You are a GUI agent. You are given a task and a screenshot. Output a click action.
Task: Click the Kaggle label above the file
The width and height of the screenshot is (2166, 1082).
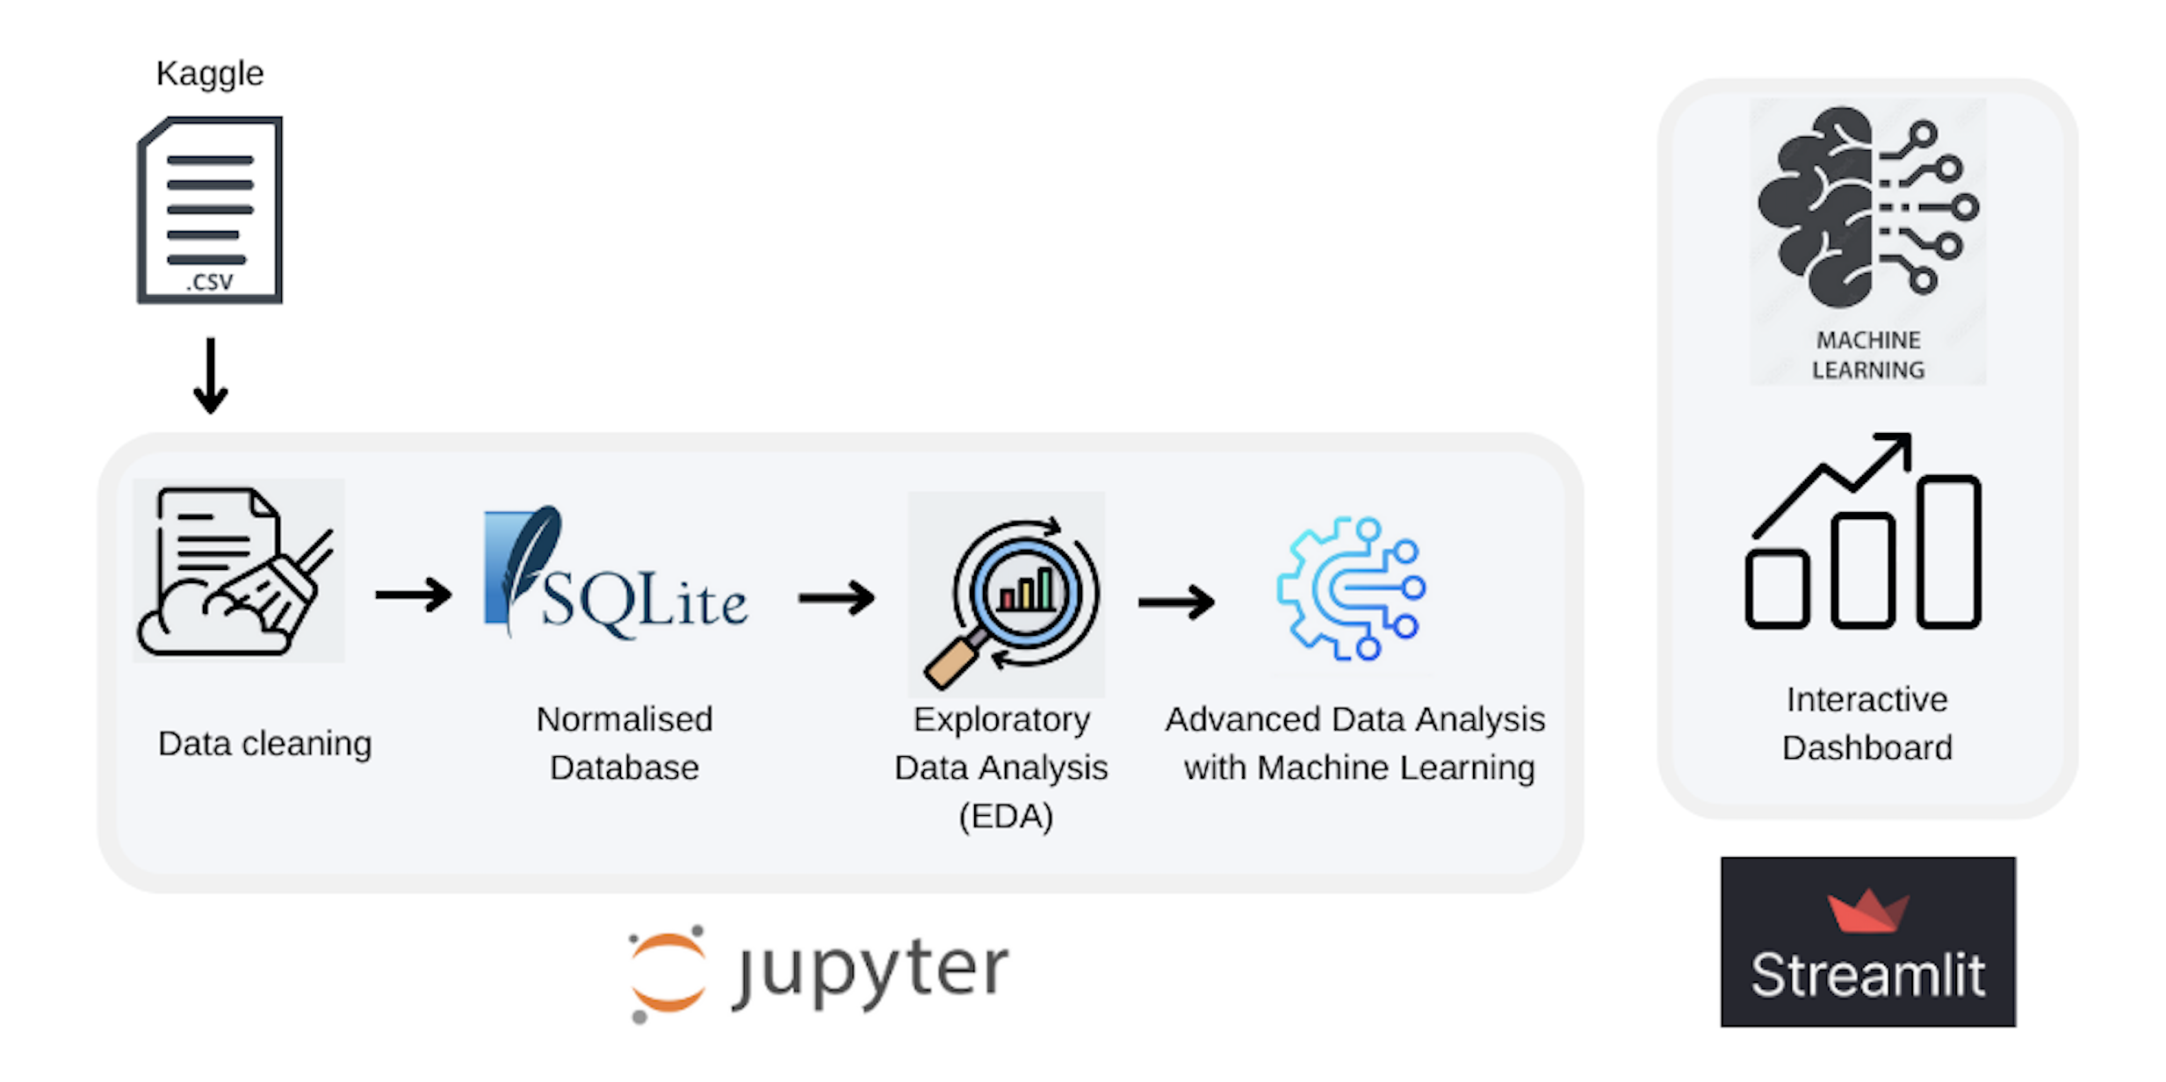[x=209, y=74]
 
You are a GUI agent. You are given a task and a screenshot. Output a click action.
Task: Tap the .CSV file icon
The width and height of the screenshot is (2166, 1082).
[x=210, y=211]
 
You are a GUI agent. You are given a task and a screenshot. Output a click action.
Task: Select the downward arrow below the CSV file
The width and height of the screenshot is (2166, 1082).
[x=210, y=376]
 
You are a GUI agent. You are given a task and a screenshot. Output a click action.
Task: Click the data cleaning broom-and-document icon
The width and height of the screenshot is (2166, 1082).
[x=238, y=571]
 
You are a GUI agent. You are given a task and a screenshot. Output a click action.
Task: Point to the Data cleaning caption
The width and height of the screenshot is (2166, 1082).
[x=264, y=744]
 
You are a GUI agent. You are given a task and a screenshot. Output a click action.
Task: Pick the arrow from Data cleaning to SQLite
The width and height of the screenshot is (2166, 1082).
[x=413, y=595]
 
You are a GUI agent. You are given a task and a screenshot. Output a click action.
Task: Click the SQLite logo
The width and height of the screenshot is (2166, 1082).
[x=615, y=576]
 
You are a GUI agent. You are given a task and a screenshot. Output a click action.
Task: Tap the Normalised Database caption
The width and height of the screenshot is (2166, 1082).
[x=624, y=743]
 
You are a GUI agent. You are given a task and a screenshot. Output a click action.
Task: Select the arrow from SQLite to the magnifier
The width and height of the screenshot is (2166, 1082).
[x=835, y=598]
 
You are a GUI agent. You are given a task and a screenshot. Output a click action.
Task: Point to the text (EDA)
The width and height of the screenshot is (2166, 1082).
[x=1006, y=817]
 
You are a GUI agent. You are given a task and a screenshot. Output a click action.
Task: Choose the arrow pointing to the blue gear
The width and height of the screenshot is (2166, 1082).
[x=1176, y=602]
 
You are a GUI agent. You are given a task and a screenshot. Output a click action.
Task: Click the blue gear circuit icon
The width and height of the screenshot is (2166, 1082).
[x=1351, y=588]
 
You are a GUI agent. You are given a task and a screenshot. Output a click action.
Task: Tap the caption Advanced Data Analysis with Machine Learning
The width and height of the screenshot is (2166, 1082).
[x=1355, y=743]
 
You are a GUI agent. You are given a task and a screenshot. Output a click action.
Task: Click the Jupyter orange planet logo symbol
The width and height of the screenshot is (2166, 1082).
[x=668, y=973]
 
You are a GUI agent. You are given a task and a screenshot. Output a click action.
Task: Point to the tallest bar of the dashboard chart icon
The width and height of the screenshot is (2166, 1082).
[x=1948, y=552]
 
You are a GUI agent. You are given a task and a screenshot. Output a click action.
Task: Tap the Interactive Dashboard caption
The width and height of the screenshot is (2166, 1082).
[x=1866, y=724]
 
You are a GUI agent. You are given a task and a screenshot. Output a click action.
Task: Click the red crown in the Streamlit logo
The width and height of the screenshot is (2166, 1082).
[x=1868, y=912]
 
